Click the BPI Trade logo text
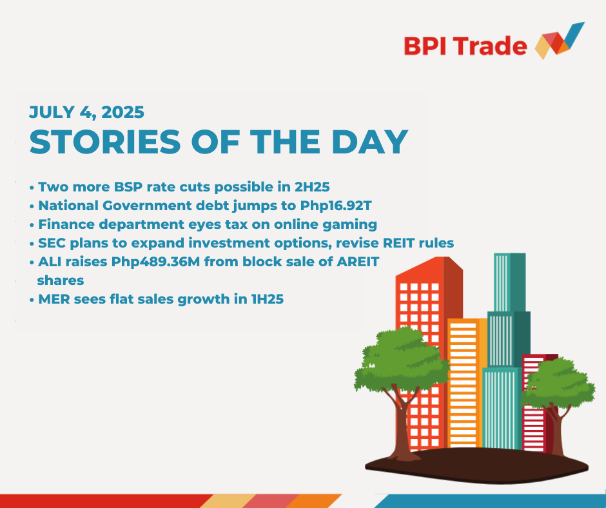click(x=465, y=46)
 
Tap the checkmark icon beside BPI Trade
click(x=560, y=41)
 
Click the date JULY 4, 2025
click(x=86, y=112)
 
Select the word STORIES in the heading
click(x=105, y=142)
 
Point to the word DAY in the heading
click(x=370, y=142)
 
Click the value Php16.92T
click(x=336, y=206)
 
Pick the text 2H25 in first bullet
click(x=312, y=187)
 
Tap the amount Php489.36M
click(x=156, y=262)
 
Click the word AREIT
click(x=358, y=262)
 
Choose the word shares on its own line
click(x=61, y=280)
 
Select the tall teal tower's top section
click(x=510, y=282)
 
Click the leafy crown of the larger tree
click(x=402, y=360)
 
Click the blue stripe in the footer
click(x=490, y=501)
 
